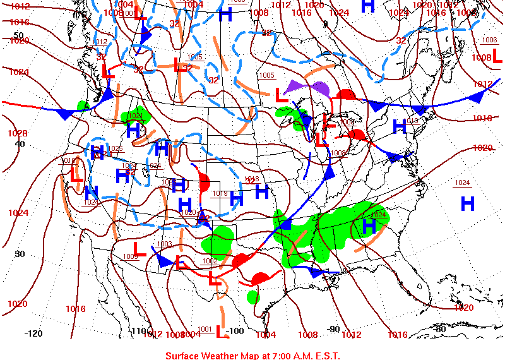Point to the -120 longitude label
[33, 333]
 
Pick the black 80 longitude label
[441, 328]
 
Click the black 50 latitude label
[18, 35]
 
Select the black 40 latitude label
[20, 143]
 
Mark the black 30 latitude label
[20, 254]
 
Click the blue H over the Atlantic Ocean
[467, 203]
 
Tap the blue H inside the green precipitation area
[369, 226]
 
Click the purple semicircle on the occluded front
[320, 88]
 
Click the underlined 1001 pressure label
[205, 329]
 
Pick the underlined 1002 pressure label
[210, 261]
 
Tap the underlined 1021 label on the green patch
[135, 116]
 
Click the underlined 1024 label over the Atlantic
[463, 183]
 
